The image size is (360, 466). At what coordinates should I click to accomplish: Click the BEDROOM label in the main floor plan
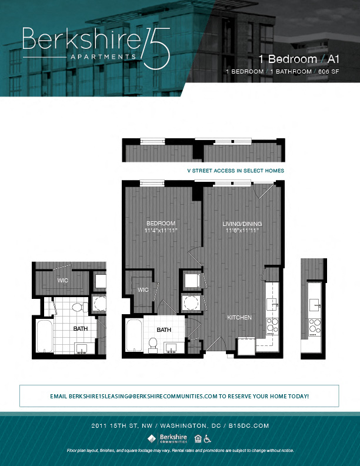pos(161,224)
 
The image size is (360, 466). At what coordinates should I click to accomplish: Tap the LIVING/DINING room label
pos(242,224)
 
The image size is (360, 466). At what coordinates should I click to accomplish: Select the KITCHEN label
pos(240,318)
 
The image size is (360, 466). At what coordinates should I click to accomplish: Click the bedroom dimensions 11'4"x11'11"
pos(161,231)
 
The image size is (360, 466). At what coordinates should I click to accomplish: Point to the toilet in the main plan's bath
pos(153,344)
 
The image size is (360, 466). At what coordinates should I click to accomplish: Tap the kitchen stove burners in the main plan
pos(272,325)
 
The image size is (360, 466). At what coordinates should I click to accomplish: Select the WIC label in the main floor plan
pos(143,290)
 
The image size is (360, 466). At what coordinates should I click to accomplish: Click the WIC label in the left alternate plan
pos(63,281)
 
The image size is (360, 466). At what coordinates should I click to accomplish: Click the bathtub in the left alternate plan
pos(43,337)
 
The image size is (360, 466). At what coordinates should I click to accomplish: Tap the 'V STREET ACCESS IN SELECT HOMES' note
pos(235,171)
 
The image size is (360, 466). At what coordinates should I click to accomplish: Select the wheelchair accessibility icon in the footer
pos(208,438)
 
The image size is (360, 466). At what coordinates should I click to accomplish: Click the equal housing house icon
pos(198,438)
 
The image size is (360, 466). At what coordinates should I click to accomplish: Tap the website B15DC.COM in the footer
pos(248,425)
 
